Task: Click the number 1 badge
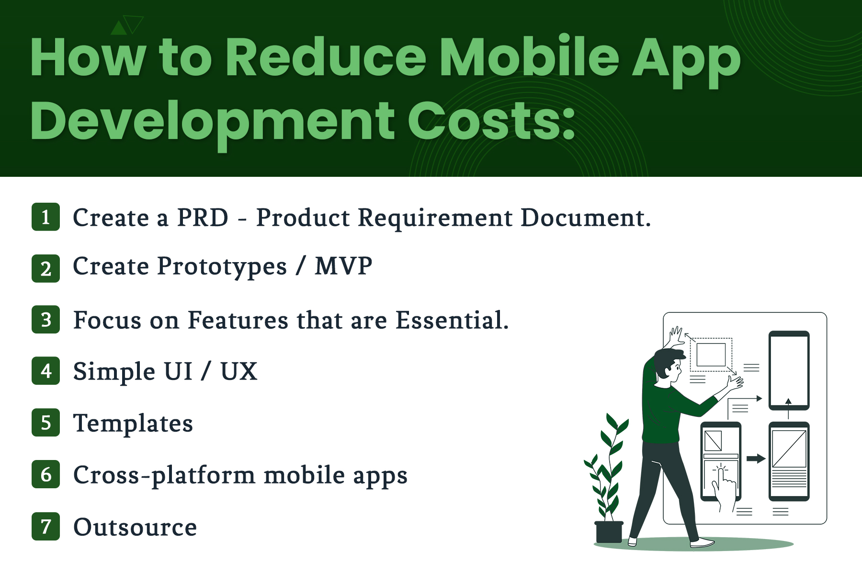click(x=46, y=217)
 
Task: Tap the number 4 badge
click(x=46, y=371)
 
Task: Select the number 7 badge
click(x=46, y=527)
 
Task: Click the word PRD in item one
click(x=203, y=218)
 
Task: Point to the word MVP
click(x=343, y=266)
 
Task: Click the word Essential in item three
click(x=452, y=320)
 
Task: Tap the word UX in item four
click(x=239, y=371)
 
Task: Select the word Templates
click(x=133, y=423)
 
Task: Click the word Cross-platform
click(x=164, y=475)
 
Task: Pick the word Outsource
click(x=135, y=527)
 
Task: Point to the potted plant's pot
click(x=609, y=532)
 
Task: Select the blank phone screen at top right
click(x=789, y=370)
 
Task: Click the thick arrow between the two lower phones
click(x=756, y=459)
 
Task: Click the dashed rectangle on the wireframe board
click(x=711, y=355)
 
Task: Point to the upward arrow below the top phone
click(x=788, y=409)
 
